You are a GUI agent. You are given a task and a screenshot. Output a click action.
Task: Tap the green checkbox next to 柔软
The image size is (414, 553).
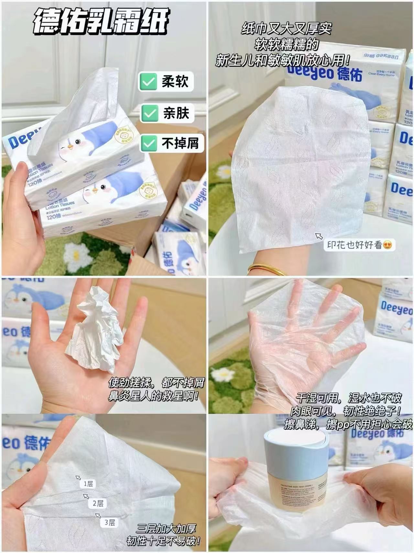(148, 82)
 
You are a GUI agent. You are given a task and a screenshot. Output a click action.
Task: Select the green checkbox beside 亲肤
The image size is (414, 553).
(149, 113)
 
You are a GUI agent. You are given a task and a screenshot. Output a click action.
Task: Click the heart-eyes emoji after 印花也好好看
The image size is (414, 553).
(387, 245)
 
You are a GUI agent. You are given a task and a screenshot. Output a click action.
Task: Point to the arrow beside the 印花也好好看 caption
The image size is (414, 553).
(319, 236)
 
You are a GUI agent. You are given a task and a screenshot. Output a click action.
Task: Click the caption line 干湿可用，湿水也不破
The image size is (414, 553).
(349, 398)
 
